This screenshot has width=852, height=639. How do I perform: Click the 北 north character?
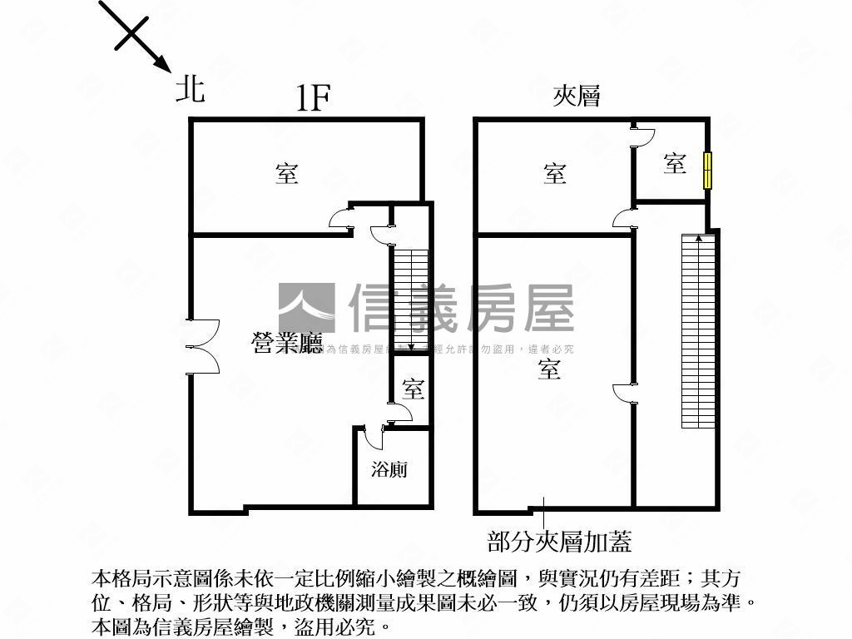click(190, 87)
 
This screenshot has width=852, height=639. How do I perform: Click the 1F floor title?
click(315, 100)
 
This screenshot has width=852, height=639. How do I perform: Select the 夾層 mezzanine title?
click(577, 97)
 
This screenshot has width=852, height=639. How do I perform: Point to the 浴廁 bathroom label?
click(389, 469)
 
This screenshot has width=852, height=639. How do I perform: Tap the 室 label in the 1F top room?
click(287, 174)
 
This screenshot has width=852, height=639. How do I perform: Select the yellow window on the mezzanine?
click(707, 171)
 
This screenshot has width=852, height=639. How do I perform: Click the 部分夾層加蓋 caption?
click(559, 542)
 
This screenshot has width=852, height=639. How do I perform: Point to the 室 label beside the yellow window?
click(675, 163)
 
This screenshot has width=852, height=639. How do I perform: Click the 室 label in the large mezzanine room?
click(548, 369)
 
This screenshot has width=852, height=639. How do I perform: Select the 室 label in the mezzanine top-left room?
click(555, 174)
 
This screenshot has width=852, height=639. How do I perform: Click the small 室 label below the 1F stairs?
click(413, 389)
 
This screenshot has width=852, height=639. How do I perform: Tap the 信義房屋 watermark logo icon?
click(306, 308)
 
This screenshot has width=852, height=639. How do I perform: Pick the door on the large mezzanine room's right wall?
click(624, 395)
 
